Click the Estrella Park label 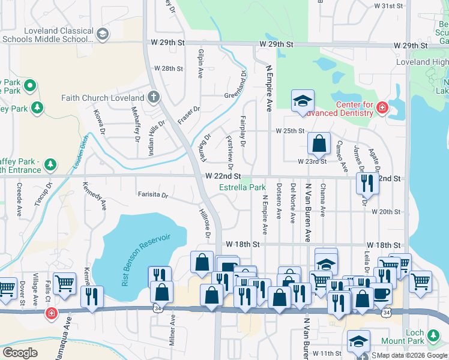point(242,188)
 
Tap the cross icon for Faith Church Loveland point(153,97)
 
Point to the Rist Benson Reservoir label point(146,259)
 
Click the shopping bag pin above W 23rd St point(319,143)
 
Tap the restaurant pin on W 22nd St point(367,183)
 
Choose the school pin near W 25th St point(303,101)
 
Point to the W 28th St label point(168,69)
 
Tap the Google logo point(20,352)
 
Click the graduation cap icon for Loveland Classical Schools point(102,34)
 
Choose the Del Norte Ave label point(293,203)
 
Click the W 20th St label point(385,212)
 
